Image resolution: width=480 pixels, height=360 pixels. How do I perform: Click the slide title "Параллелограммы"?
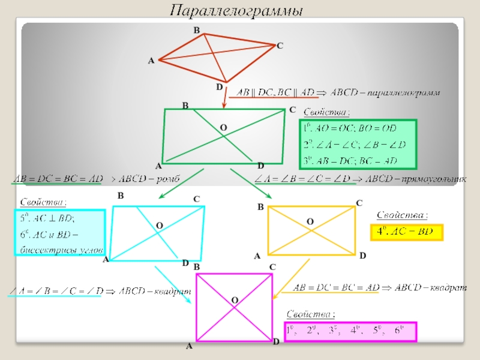(236, 11)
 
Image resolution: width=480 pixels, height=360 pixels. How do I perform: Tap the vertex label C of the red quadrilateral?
(280, 46)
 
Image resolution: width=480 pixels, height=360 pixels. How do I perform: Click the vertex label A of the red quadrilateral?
(151, 61)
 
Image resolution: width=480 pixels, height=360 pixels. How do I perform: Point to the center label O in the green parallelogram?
(223, 128)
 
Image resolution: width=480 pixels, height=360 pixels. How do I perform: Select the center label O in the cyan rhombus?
(160, 225)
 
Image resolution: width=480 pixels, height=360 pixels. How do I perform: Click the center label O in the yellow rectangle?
(310, 222)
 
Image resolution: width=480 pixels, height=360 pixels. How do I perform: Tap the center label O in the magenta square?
(235, 299)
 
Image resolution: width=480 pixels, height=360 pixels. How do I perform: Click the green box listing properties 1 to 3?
(358, 145)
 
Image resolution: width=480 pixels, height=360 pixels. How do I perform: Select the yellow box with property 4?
(405, 232)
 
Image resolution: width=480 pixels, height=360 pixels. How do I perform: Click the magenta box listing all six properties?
(350, 331)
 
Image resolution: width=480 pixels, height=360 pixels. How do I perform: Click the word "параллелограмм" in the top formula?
(403, 93)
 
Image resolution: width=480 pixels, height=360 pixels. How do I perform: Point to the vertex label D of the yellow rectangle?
(362, 256)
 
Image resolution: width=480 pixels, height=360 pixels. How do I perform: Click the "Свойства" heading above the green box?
(327, 112)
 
